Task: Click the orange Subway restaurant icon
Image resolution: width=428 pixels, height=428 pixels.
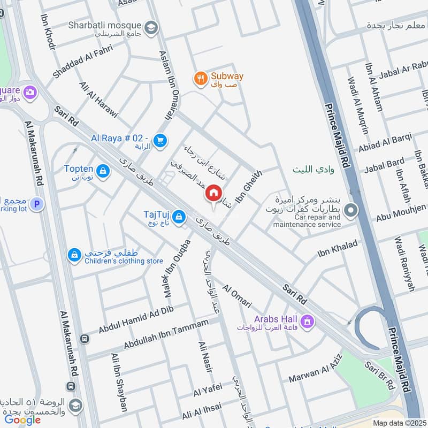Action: pyautogui.click(x=200, y=78)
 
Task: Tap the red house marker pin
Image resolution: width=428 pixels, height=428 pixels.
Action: pyautogui.click(x=213, y=194)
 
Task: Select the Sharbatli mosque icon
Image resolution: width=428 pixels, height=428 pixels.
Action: pyautogui.click(x=152, y=26)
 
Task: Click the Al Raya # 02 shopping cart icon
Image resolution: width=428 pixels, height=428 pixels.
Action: pyautogui.click(x=159, y=141)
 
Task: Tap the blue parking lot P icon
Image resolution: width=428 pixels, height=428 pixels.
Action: pyautogui.click(x=36, y=204)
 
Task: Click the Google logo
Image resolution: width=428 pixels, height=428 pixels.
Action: pyautogui.click(x=22, y=419)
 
